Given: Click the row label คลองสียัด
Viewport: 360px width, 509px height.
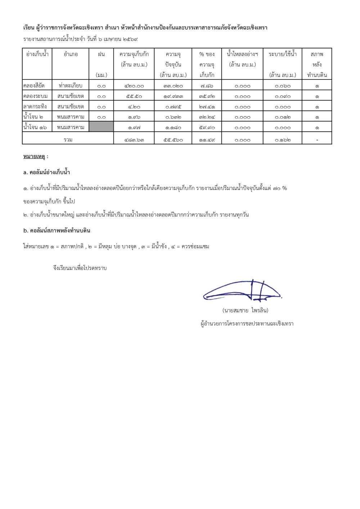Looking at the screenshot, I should pos(34,86).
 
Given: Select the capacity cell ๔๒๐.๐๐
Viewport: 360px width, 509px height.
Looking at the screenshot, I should pos(134,86).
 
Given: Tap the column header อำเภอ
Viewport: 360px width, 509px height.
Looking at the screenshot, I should pos(71,54).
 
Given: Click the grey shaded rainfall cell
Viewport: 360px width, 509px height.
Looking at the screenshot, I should pos(101,127).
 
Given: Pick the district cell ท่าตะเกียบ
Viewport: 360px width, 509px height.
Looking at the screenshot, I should pos(71,86).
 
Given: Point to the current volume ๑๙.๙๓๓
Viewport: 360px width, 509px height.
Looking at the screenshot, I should pos(173,96).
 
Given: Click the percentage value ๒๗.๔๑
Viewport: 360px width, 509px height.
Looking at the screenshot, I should pos(207,107).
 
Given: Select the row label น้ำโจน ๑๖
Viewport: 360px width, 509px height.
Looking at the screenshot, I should pos(35,127).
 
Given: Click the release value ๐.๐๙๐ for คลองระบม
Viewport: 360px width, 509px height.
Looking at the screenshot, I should pos(283,96).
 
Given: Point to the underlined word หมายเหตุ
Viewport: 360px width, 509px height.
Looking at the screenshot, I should pos(34,157).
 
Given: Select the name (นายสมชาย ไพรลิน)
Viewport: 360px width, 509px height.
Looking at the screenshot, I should pos(245,310).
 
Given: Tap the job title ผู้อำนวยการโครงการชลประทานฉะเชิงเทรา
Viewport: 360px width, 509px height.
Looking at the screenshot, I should pos(247,324).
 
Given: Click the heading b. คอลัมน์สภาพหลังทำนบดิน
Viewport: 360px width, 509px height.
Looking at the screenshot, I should pos(57,231).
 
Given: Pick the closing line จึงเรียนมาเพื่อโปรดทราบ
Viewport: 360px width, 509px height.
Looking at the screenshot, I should pos(80,268).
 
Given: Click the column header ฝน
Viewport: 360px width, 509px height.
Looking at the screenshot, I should pos(101,54).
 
